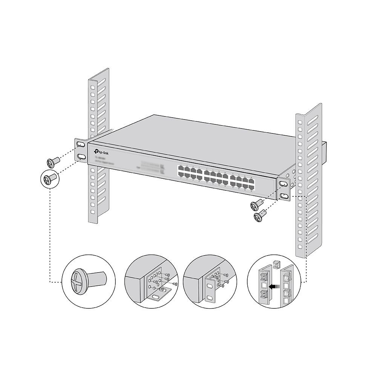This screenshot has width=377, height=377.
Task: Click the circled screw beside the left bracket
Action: point(50,177)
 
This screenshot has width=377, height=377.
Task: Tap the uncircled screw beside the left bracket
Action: point(52,162)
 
